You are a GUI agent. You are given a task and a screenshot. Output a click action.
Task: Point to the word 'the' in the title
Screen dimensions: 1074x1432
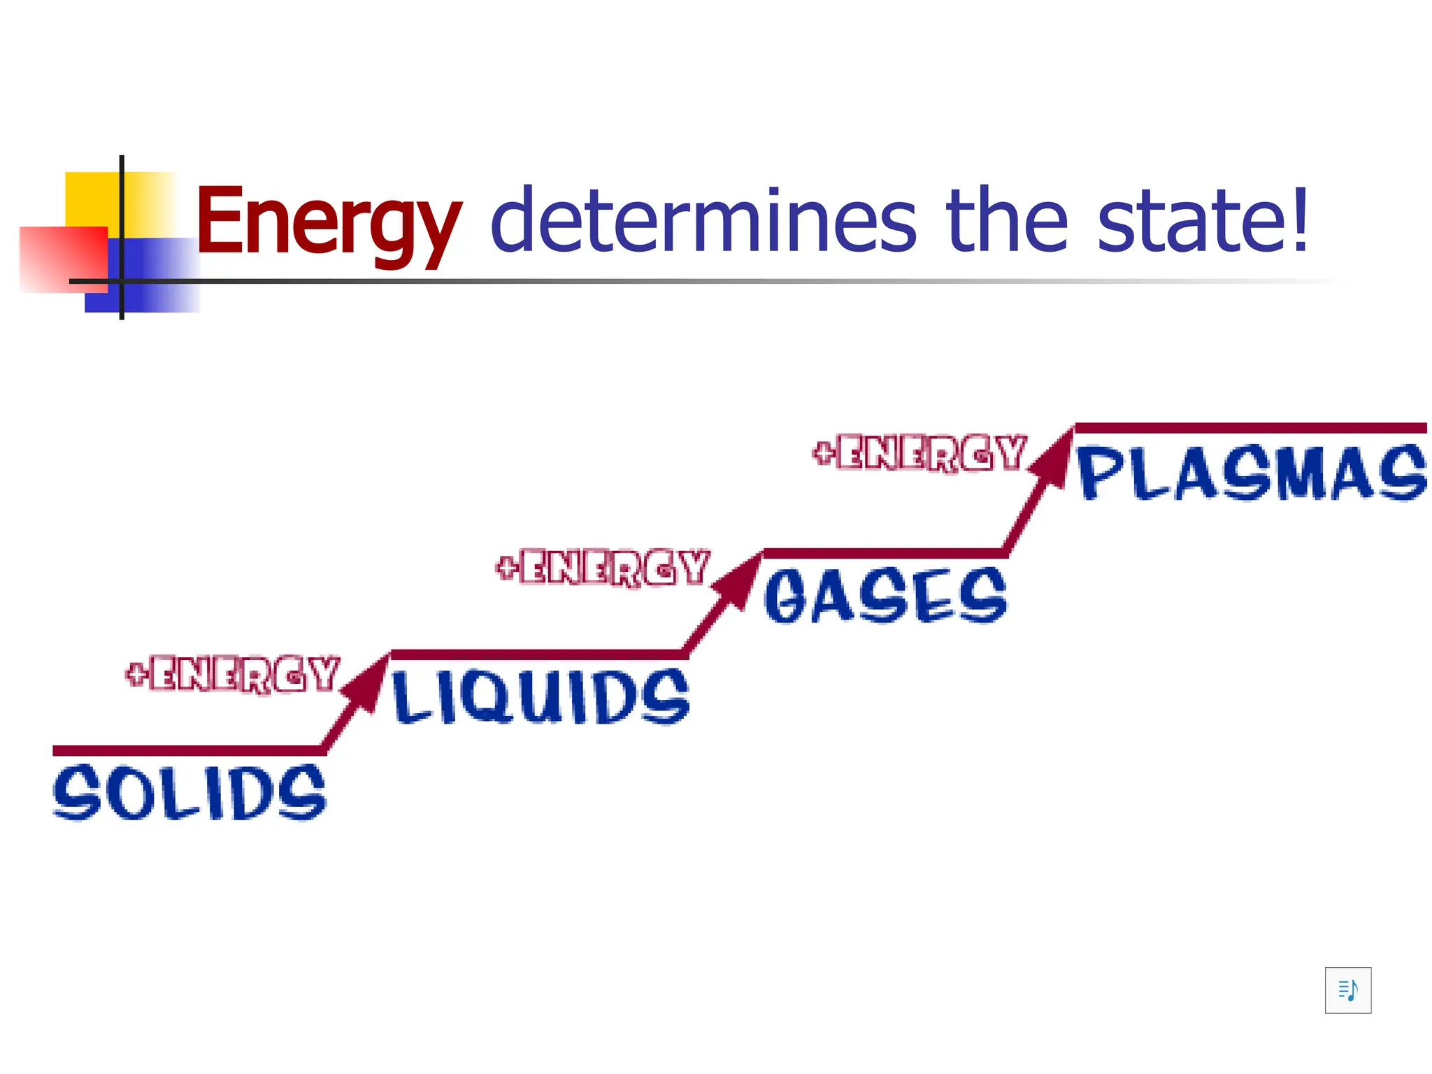click(x=1007, y=220)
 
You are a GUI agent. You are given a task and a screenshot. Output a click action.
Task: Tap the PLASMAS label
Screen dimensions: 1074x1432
click(x=1252, y=473)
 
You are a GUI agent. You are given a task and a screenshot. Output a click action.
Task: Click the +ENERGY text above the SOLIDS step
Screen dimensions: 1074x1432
click(x=233, y=674)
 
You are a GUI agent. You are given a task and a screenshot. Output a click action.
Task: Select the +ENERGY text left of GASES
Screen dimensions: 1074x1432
click(x=603, y=567)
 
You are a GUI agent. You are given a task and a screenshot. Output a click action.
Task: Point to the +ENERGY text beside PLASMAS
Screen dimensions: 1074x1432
click(x=919, y=452)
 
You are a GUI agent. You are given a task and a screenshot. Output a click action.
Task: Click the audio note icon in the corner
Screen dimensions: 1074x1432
click(x=1347, y=990)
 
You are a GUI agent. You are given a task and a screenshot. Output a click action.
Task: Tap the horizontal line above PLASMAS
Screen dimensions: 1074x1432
click(x=1250, y=428)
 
